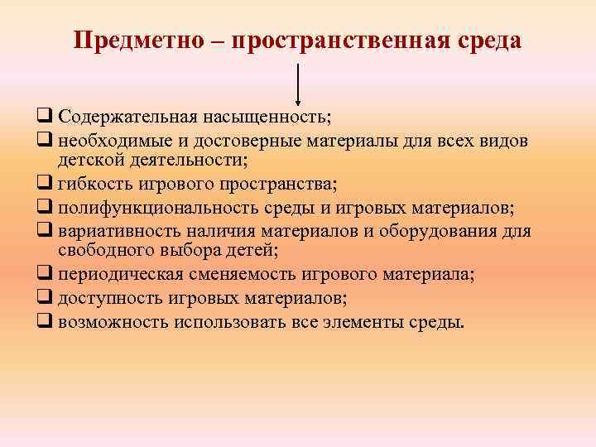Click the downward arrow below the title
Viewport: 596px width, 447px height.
[297, 83]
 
